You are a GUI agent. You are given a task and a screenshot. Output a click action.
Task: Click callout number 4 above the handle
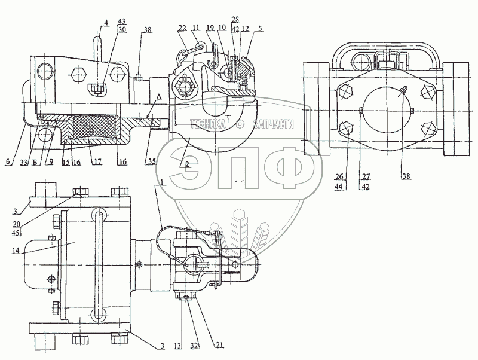click(x=106, y=23)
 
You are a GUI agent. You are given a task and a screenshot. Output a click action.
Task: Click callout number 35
click(x=151, y=161)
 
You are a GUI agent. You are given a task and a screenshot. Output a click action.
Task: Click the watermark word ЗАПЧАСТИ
click(x=274, y=124)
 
